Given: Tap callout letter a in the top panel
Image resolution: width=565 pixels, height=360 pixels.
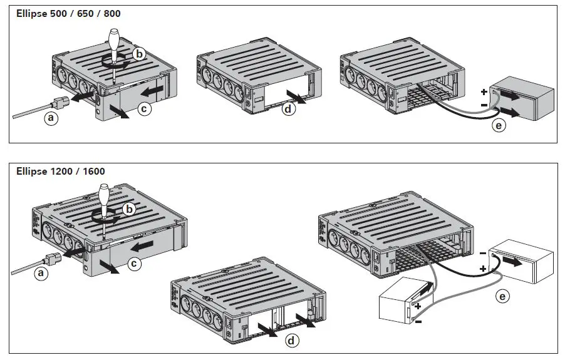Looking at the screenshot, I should point(51,118).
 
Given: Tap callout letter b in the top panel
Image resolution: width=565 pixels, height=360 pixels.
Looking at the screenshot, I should point(140,54).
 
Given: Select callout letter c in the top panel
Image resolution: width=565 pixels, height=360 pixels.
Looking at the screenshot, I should point(143,109).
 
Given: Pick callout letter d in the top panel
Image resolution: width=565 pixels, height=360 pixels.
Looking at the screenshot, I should point(288,109).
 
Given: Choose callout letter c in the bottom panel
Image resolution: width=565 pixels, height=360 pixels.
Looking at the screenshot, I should point(133,264).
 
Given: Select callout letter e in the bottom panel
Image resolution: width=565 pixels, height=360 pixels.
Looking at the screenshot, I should point(502,296).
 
